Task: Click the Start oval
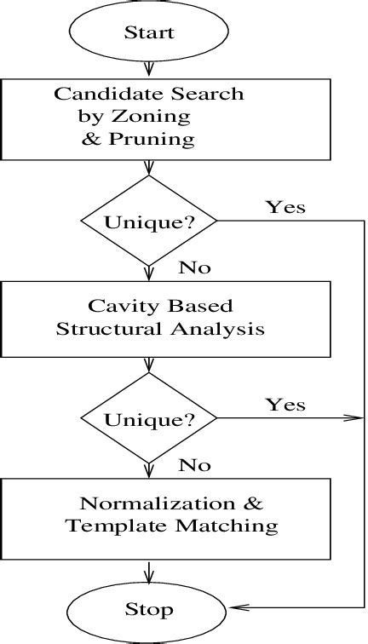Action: [x=149, y=32]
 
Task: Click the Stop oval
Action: [x=149, y=609]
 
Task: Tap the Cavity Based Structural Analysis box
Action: [x=149, y=317]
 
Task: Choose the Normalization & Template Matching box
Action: [x=149, y=514]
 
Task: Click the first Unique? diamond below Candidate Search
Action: [x=149, y=221]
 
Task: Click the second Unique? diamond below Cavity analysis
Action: [x=149, y=418]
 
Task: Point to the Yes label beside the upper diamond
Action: [x=285, y=207]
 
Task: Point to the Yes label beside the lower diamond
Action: [x=285, y=404]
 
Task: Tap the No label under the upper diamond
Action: [x=194, y=268]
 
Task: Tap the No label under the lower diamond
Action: [x=194, y=465]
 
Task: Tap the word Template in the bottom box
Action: [x=106, y=526]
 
